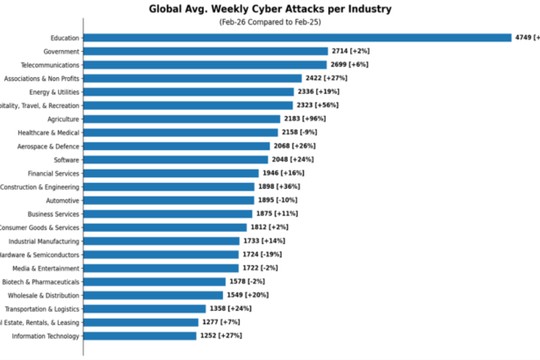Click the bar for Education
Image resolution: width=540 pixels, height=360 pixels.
(x=297, y=38)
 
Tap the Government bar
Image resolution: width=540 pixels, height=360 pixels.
(x=205, y=51)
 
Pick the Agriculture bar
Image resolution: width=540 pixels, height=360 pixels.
(x=182, y=119)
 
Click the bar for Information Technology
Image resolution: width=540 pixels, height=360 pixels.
(x=140, y=335)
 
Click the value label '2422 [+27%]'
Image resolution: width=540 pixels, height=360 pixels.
(x=330, y=78)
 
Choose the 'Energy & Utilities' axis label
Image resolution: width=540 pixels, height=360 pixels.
(x=54, y=92)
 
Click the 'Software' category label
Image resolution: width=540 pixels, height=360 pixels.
(x=67, y=160)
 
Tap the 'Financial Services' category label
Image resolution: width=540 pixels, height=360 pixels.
(x=54, y=173)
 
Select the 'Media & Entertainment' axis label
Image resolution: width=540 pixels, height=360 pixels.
(x=46, y=268)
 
